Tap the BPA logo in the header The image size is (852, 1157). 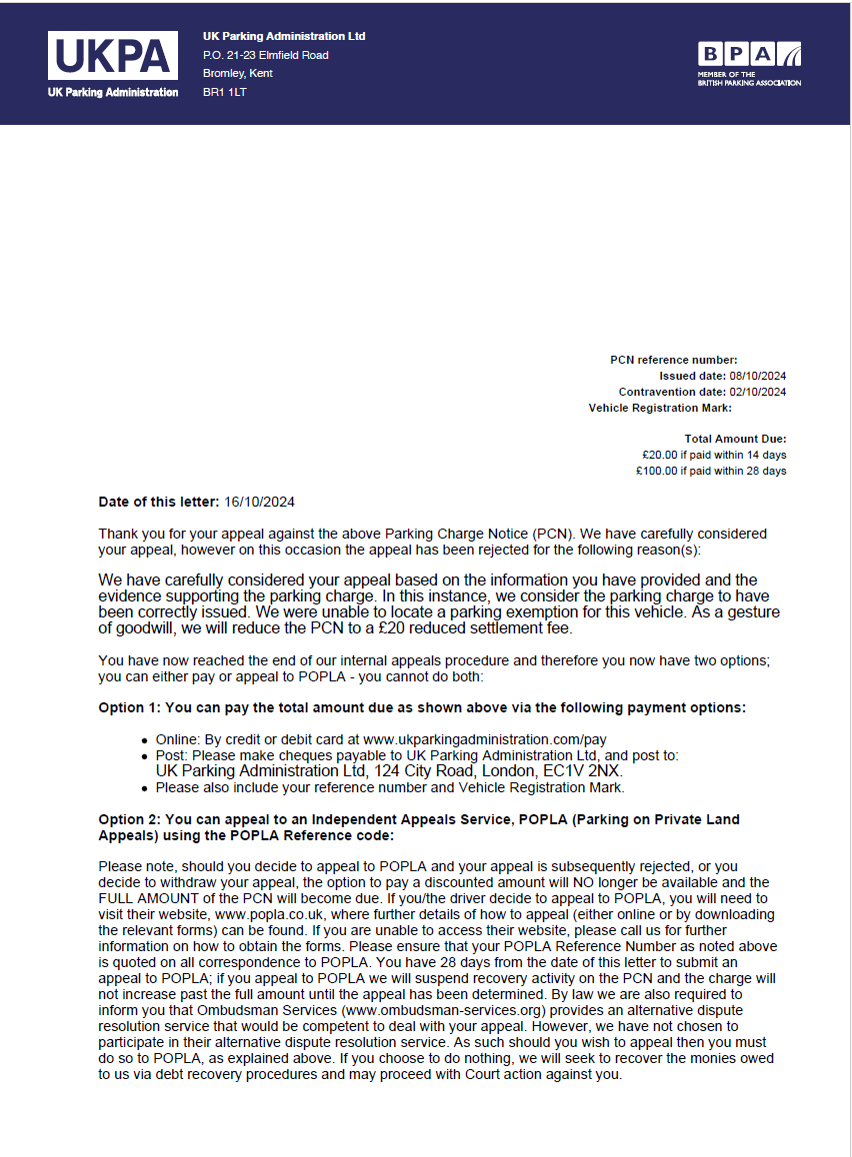(749, 64)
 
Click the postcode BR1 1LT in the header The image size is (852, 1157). (224, 92)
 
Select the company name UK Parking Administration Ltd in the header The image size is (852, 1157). (284, 36)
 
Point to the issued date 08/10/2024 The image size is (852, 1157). (758, 376)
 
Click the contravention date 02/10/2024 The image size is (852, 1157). (758, 392)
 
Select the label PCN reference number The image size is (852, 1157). (673, 360)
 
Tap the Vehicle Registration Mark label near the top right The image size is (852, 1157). (660, 408)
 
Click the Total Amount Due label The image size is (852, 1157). (735, 439)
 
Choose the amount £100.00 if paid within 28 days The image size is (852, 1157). (711, 471)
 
